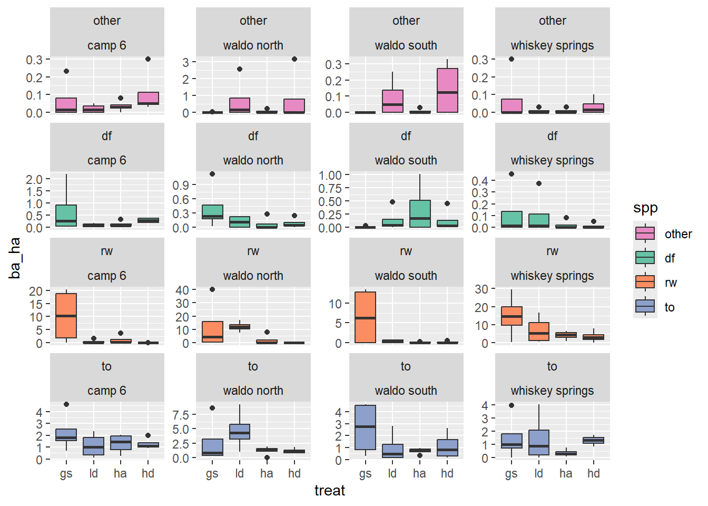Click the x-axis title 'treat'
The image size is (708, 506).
coord(330,491)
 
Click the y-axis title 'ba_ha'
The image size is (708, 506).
coord(15,258)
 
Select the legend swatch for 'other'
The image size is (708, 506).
coord(645,233)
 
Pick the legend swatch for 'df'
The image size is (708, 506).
coord(645,258)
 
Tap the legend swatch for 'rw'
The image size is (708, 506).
coord(645,282)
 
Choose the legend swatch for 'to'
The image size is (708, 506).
coord(645,307)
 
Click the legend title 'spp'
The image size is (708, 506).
coord(645,208)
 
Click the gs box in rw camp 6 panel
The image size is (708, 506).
coord(66,316)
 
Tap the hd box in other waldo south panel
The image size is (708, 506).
coord(447,90)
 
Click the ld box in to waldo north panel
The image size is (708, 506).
coord(240,432)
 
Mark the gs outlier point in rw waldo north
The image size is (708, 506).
coord(212,289)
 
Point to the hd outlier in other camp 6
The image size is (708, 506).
coord(148,59)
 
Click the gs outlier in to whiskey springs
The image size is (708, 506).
coord(512,405)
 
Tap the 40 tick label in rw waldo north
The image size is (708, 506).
coord(182,290)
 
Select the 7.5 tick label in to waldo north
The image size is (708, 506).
coord(181,415)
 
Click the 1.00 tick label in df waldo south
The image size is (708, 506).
coord(330,175)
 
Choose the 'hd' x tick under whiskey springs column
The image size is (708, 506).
coord(594,473)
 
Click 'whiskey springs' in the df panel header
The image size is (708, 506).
coord(552,160)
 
